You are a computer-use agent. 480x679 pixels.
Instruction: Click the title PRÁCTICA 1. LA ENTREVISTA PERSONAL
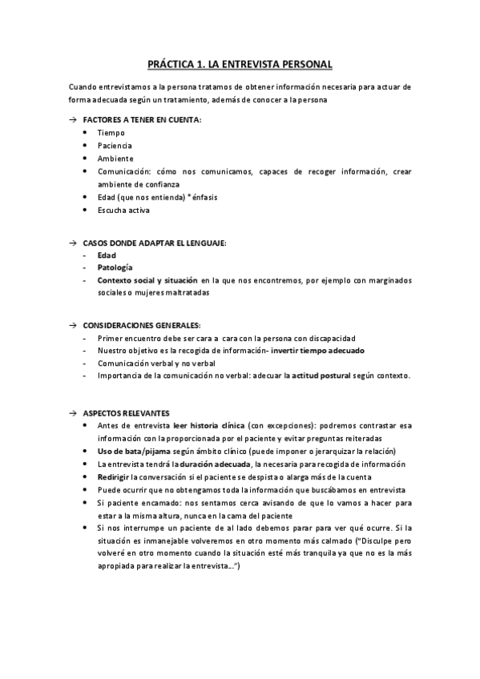tap(240, 63)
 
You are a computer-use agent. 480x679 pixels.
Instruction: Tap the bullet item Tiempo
tap(111, 133)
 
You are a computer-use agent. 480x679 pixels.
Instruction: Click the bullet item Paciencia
tap(115, 146)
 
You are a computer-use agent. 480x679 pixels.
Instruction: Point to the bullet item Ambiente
tap(115, 159)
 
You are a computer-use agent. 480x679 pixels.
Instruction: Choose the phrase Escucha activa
tap(123, 211)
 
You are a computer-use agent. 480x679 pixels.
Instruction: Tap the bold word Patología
tap(115, 267)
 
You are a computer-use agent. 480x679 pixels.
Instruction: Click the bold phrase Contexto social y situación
tap(147, 281)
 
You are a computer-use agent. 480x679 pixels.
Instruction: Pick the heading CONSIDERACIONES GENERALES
tap(142, 325)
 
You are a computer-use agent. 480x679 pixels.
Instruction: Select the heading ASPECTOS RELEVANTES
tap(126, 413)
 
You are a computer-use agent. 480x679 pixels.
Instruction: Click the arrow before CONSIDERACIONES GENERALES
tap(72, 325)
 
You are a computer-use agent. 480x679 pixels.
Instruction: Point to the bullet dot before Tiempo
tap(86, 133)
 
